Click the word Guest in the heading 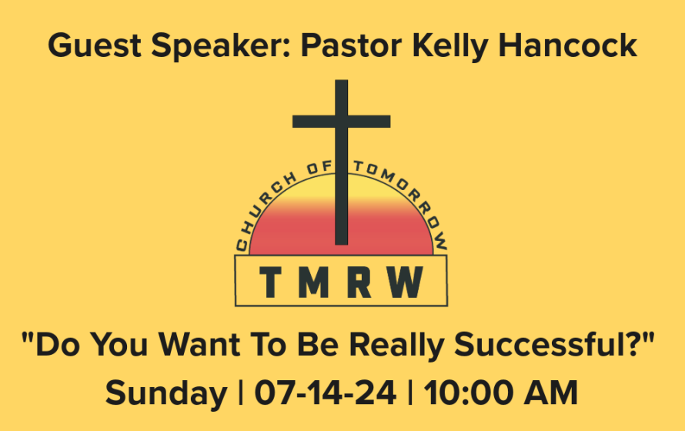pos(95,45)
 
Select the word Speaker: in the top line pos(221,46)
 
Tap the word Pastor pos(351,45)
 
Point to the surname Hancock pos(567,45)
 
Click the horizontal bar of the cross pos(341,122)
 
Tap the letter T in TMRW pos(270,282)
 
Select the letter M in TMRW pos(313,282)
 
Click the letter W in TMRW pos(405,282)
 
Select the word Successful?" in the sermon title pos(555,345)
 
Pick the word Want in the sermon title pos(199,345)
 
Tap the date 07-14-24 pos(325,393)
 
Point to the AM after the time pos(551,393)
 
